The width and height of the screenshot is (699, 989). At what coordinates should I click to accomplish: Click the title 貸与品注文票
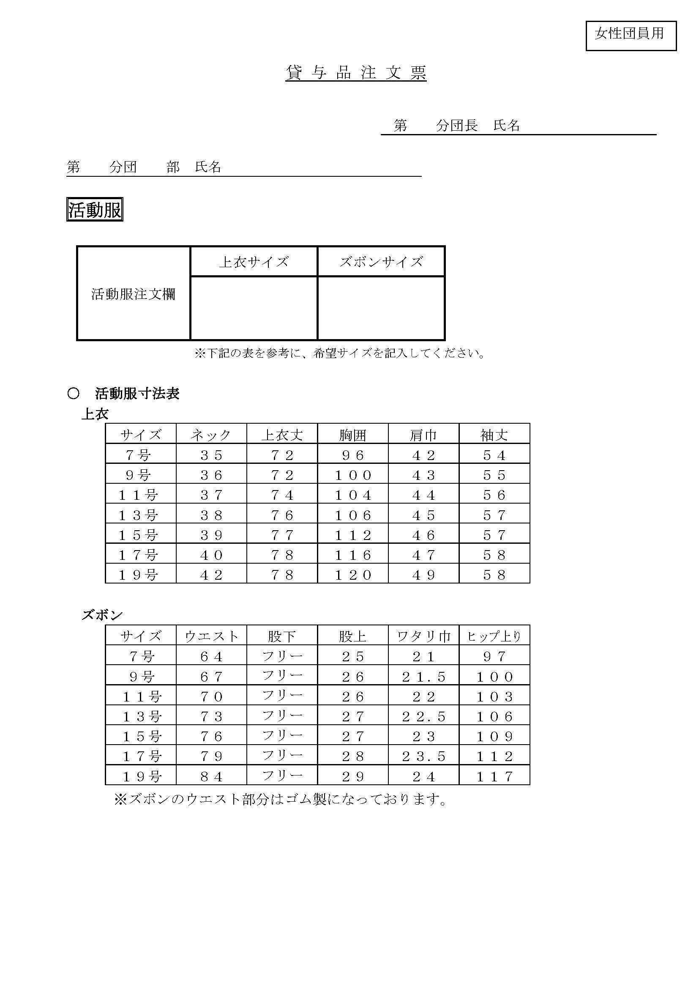(x=355, y=73)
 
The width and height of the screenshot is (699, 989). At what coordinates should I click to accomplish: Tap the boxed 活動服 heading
(x=95, y=210)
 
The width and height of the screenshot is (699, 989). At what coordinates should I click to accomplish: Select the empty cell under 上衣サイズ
(x=254, y=308)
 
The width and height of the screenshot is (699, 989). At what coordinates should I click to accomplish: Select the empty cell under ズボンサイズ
(x=381, y=308)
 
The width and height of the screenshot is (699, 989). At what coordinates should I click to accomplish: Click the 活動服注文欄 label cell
(x=134, y=294)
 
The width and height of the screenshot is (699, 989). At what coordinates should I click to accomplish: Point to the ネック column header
(x=211, y=435)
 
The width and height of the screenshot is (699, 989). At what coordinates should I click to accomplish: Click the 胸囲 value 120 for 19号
(x=353, y=575)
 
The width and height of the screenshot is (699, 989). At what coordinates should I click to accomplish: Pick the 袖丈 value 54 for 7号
(x=494, y=455)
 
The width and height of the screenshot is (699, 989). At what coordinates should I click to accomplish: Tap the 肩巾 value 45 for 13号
(x=423, y=515)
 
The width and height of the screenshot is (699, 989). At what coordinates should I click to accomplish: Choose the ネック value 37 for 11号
(x=211, y=495)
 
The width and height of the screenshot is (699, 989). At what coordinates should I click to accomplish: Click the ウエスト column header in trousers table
(x=211, y=636)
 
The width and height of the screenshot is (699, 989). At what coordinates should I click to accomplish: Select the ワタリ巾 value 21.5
(x=423, y=676)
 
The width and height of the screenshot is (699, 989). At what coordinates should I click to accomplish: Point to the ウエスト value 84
(x=211, y=777)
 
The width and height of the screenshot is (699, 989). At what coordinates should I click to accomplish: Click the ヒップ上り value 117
(x=494, y=777)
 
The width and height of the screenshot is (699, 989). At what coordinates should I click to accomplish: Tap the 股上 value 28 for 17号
(x=353, y=756)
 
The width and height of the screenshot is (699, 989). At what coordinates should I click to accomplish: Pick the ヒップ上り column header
(x=494, y=636)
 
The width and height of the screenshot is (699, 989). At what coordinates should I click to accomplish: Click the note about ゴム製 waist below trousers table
(x=280, y=800)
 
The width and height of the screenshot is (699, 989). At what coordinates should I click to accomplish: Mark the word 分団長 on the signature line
(x=456, y=126)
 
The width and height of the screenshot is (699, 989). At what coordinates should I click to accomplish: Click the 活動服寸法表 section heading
(x=137, y=393)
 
